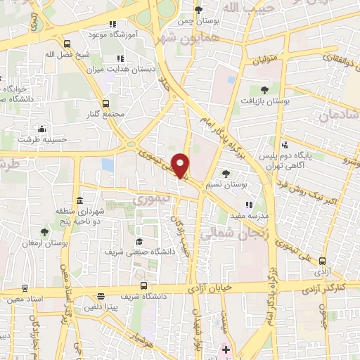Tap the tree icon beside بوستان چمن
[x=199, y=10]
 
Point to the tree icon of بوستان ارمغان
[x=45, y=231]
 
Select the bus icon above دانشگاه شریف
[x=144, y=285]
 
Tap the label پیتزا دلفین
[x=107, y=308]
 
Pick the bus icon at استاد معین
[x=25, y=288]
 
